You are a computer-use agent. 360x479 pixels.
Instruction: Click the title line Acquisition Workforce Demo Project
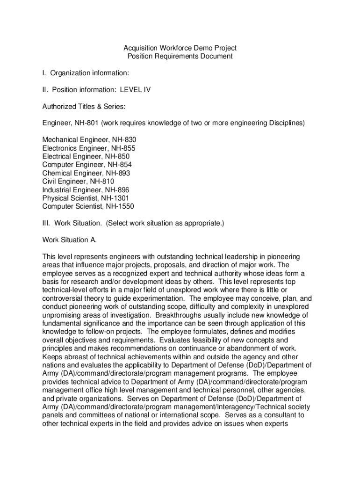(x=180, y=48)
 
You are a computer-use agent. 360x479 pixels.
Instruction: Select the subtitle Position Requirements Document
(x=180, y=57)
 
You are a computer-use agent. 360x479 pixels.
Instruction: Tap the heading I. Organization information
(x=86, y=73)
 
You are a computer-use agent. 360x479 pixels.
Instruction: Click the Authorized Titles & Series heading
(x=84, y=107)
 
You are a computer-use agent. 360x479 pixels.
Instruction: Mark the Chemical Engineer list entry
(x=72, y=173)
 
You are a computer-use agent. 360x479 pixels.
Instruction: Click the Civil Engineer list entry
(x=65, y=181)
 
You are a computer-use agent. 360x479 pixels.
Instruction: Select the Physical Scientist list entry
(x=73, y=198)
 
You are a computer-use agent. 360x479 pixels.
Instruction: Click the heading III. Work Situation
(x=72, y=223)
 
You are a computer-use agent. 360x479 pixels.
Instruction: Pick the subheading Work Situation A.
(x=70, y=240)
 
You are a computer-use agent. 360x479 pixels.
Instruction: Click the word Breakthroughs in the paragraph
(x=178, y=315)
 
